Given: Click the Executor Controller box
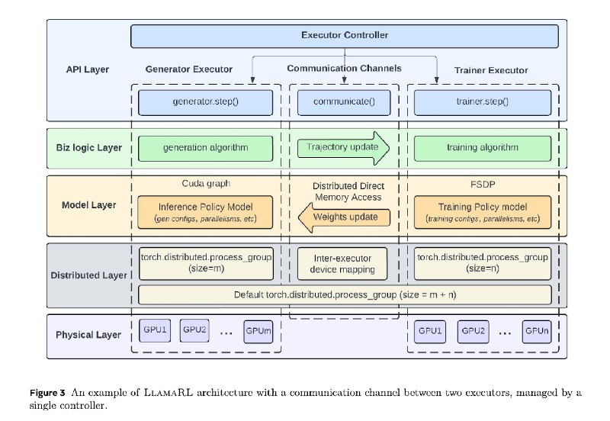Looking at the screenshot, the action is point(345,36).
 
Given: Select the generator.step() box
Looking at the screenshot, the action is point(205,103).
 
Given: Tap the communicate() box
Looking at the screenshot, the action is point(344,103).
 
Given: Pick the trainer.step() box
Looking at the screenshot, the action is point(483,103).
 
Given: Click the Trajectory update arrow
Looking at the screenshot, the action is point(343,148).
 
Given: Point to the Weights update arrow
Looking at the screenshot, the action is point(344,217).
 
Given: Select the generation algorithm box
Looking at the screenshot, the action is point(205,148).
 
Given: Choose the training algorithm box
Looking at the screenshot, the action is point(483,148).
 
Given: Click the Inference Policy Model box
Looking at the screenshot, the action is point(205,212).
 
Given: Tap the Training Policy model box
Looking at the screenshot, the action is point(483,212).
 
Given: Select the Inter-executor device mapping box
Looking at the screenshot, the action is point(342,264).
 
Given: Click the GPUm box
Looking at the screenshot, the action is point(258,332).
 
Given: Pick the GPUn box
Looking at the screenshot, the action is point(537,332).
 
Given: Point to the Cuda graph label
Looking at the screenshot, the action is point(206,184).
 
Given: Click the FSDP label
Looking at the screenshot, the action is point(483,185).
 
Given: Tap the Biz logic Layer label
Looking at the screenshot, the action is point(89,148).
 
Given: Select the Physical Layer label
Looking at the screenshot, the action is point(88,335).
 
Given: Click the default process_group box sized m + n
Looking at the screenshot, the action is point(345,295).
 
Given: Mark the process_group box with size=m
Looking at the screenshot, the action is point(206,264).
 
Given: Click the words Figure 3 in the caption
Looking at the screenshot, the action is point(47,393).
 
